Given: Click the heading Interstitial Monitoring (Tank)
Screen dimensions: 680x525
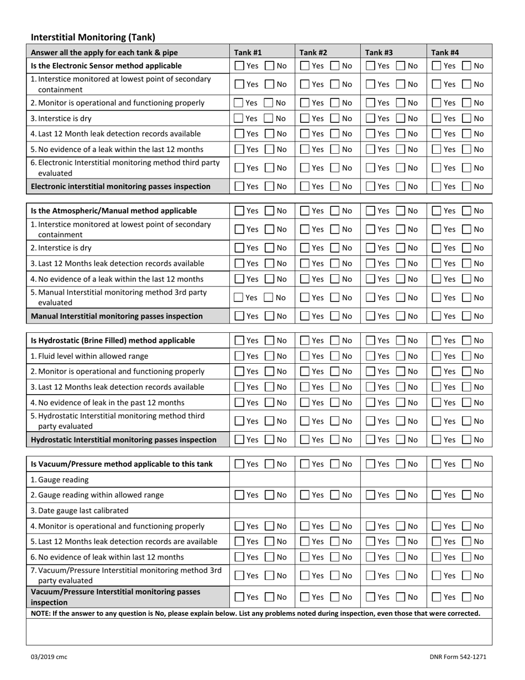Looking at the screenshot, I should pyautogui.click(x=93, y=38).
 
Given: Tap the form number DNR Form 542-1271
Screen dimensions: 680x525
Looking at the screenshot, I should pyautogui.click(x=458, y=657).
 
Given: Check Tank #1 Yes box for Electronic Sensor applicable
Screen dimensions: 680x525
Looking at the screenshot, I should pyautogui.click(x=239, y=66).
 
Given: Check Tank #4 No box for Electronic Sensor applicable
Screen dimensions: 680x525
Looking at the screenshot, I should pyautogui.click(x=467, y=66).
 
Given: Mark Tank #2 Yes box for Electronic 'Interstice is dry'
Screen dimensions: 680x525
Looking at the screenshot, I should pyautogui.click(x=305, y=118).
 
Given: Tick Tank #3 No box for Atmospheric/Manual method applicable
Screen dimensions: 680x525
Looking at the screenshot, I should pyautogui.click(x=401, y=211).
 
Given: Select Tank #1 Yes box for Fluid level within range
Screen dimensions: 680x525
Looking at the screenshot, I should pyautogui.click(x=239, y=356).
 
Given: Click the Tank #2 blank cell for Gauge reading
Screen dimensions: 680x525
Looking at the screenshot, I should pyautogui.click(x=328, y=479).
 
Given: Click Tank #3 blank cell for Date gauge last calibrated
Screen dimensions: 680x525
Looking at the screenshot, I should pyautogui.click(x=393, y=510).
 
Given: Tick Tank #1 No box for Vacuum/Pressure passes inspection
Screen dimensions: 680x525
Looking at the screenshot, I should pyautogui.click(x=270, y=597).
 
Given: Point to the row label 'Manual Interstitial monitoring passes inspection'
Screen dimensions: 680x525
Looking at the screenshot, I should pyautogui.click(x=117, y=316).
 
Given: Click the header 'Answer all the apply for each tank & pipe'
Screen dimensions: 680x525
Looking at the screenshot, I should pyautogui.click(x=104, y=53).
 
